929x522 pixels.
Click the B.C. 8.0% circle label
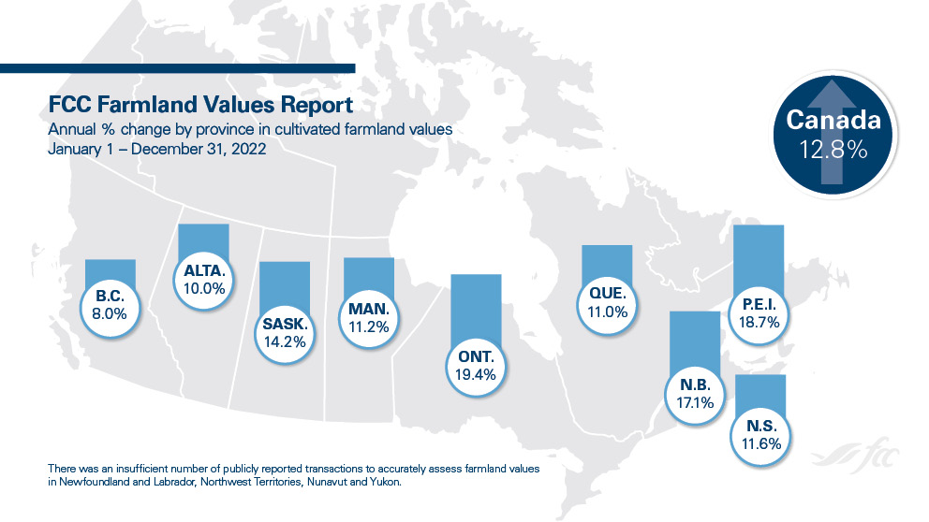click(111, 306)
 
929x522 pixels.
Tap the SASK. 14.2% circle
click(285, 332)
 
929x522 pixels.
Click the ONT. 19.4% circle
click(477, 364)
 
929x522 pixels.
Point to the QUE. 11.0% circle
click(606, 304)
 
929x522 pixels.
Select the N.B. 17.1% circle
click(694, 394)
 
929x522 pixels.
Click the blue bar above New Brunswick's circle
click(694, 337)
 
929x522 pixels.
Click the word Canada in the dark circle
click(833, 121)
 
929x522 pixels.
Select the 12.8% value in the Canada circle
click(833, 150)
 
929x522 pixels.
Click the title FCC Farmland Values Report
click(199, 104)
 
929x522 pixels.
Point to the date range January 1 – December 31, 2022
click(157, 149)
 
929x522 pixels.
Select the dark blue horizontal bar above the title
click(178, 67)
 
